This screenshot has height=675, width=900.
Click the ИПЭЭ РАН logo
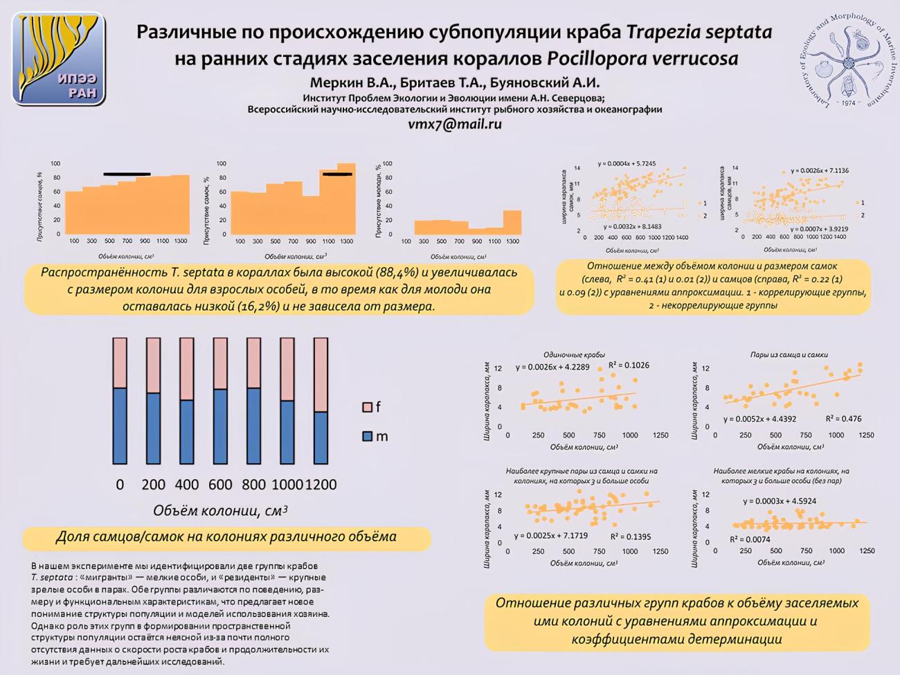[x=59, y=60]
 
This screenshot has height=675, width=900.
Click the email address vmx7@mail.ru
[x=455, y=125]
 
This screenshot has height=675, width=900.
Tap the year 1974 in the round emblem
[x=848, y=103]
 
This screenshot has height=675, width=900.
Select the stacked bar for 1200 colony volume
[x=321, y=401]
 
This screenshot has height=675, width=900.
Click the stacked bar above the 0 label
[x=120, y=401]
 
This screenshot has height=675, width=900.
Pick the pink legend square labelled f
[x=367, y=407]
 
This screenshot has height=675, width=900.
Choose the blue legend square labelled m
[x=367, y=436]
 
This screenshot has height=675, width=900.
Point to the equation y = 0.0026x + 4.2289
[x=552, y=367]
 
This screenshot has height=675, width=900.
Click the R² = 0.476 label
[x=843, y=419]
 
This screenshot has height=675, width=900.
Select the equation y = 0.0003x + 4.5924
[x=780, y=501]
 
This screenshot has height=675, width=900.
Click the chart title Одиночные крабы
[x=574, y=354]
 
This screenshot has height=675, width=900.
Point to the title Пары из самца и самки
[x=789, y=354]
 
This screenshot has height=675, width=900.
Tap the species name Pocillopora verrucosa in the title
[x=642, y=58]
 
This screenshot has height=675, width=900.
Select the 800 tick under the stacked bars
[x=253, y=485]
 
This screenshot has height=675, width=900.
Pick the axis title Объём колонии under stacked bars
[x=219, y=511]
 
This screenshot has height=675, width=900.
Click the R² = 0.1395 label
[x=630, y=537]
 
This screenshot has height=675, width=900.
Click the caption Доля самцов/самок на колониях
[x=226, y=537]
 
